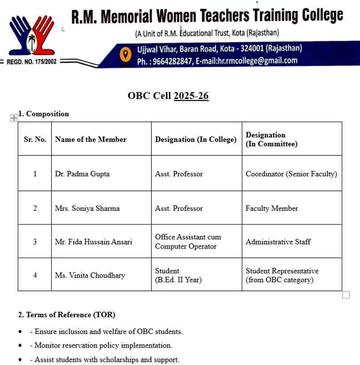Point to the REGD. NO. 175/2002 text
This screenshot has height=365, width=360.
tap(31, 61)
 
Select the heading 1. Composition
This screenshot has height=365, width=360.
tap(44, 114)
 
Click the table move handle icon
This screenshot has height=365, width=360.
tap(14, 118)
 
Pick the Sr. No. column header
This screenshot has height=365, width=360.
tap(35, 140)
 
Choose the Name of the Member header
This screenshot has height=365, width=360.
tap(91, 140)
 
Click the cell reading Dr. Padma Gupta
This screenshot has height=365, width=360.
tap(82, 174)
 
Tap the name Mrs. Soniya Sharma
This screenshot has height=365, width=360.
tap(87, 208)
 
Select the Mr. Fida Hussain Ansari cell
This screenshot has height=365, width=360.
tap(94, 242)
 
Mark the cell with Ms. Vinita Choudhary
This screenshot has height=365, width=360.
tap(90, 275)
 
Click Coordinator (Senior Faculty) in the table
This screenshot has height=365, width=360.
tap(291, 174)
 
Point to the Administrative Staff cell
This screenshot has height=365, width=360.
tap(278, 242)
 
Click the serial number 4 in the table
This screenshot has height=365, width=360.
tap(35, 275)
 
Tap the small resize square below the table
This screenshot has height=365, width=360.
tap(346, 295)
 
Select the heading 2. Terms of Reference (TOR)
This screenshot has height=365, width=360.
tap(67, 315)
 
